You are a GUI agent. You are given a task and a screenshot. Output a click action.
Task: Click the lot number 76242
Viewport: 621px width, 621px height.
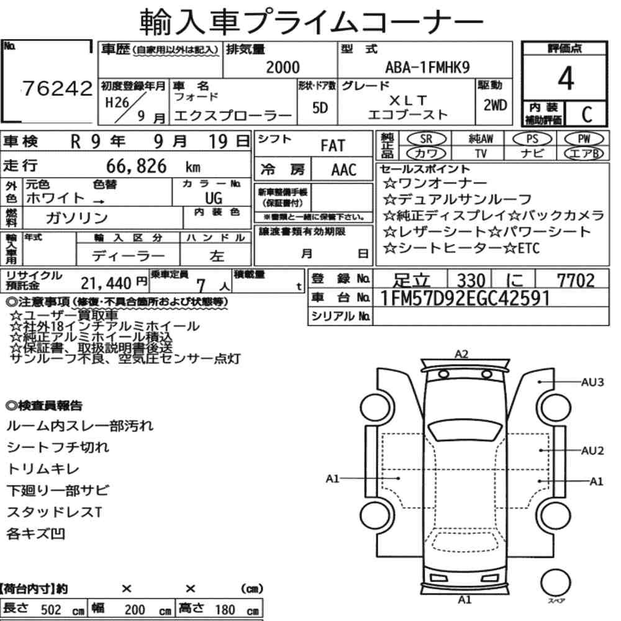pos(57,89)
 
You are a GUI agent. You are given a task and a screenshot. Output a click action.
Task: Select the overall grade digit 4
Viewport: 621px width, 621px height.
pos(566,78)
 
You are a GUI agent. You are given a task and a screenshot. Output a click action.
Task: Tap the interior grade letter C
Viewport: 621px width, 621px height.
pos(587,114)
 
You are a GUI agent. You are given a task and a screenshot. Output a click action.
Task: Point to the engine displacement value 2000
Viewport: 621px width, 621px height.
pos(283,67)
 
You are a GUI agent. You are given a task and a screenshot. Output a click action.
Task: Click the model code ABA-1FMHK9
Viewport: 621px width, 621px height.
pos(427,67)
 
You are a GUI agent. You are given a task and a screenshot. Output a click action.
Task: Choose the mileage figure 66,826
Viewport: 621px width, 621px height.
pos(136,166)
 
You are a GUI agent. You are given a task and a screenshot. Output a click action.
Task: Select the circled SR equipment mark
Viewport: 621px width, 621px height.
pos(427,138)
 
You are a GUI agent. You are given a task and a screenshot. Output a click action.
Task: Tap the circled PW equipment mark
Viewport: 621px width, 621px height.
pos(584,138)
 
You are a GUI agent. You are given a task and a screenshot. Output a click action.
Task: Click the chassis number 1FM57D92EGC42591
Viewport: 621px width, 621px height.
pos(465,298)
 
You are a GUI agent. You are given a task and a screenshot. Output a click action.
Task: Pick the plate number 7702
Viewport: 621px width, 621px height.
pos(576,281)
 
